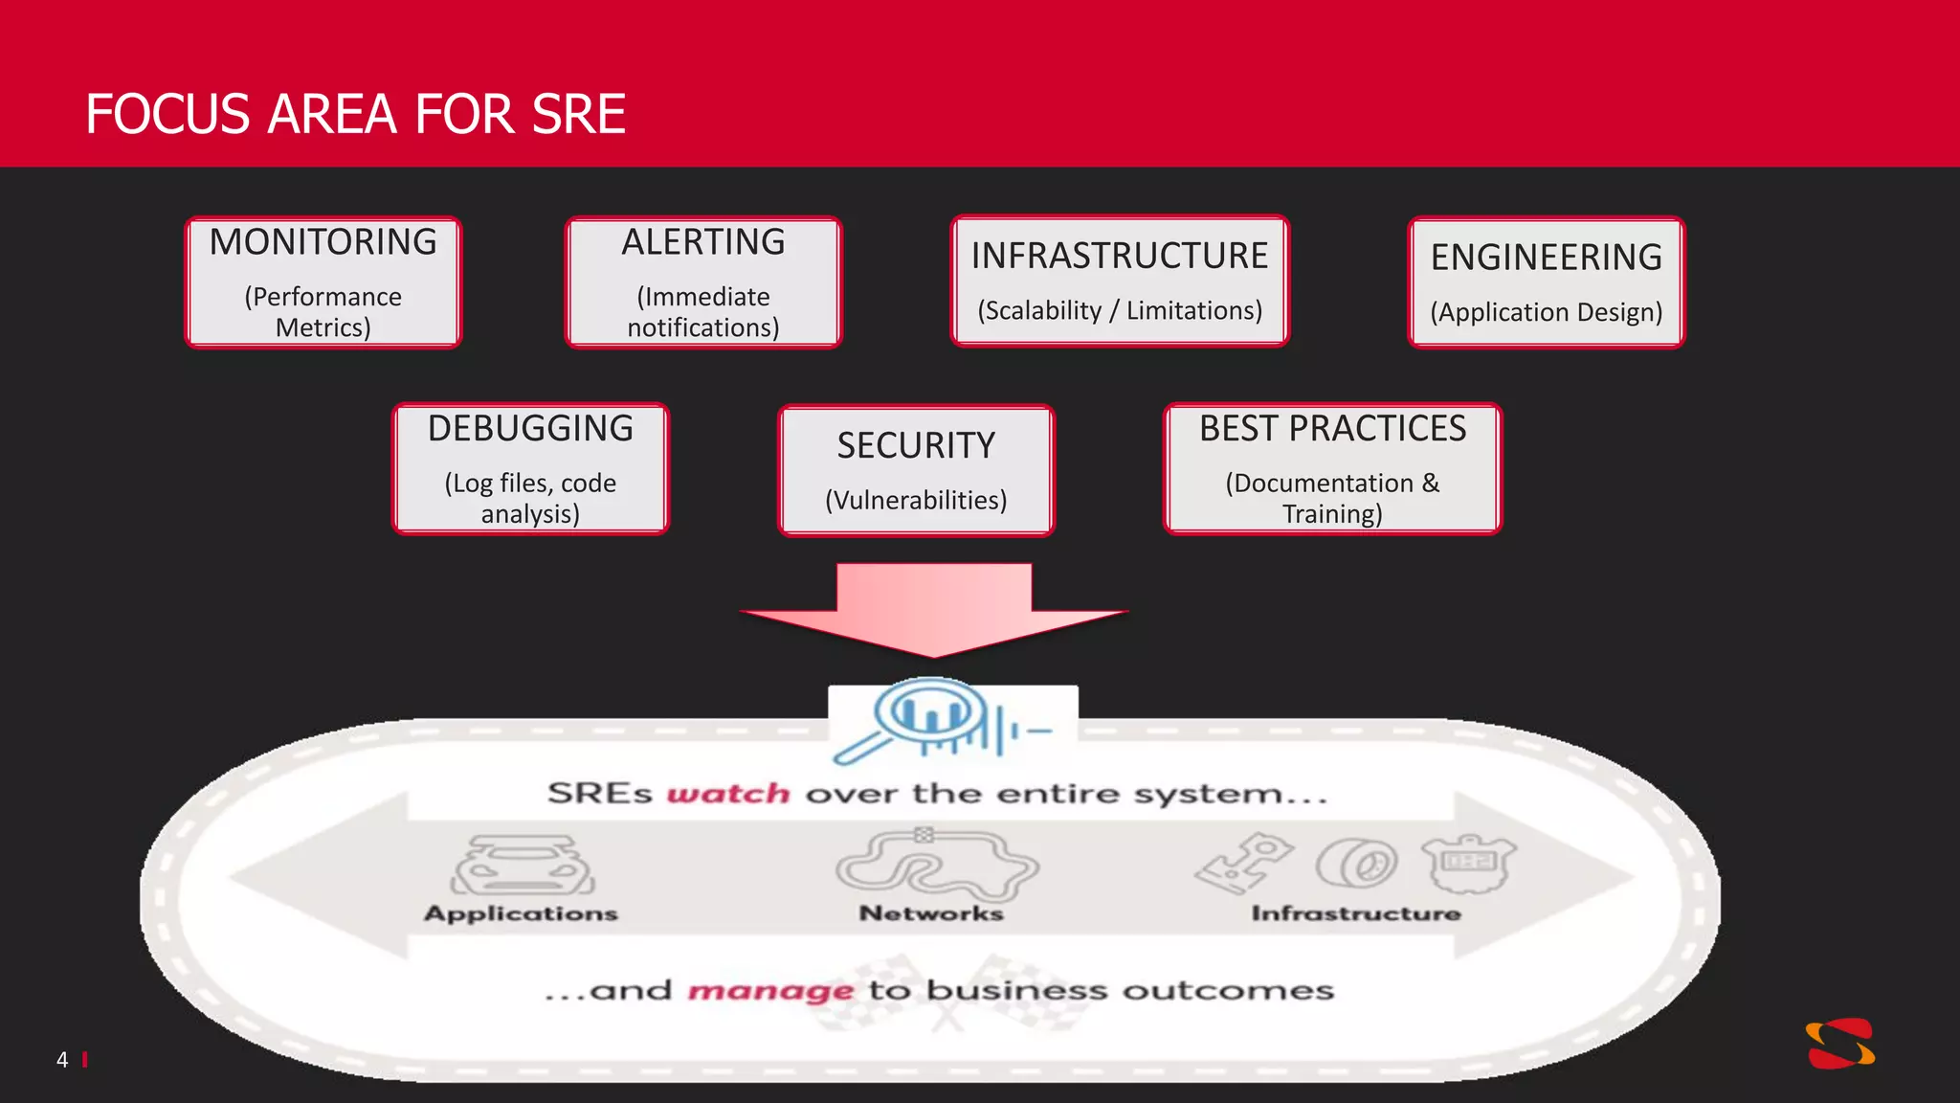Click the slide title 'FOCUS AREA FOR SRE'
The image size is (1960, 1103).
tap(355, 115)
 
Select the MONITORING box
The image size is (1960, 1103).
tap(323, 282)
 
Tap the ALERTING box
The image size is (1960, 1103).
tap(703, 282)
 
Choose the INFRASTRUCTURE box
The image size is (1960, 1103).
tap(1120, 281)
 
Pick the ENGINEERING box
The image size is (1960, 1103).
tap(1546, 282)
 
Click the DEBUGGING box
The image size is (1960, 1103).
tap(530, 468)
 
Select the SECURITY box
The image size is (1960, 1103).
tap(916, 470)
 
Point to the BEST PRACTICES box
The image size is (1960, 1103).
tap(1332, 468)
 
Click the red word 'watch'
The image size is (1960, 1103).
tap(728, 794)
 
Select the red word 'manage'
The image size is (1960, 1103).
tap(769, 990)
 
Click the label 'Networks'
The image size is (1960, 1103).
tap(931, 913)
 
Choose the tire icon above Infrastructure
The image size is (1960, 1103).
tap(1356, 864)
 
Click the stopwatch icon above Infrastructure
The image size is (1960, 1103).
tap(1468, 863)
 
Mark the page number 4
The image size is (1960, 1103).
tap(62, 1060)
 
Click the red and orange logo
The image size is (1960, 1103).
tap(1839, 1043)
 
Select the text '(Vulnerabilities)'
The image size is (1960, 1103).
tap(916, 500)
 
